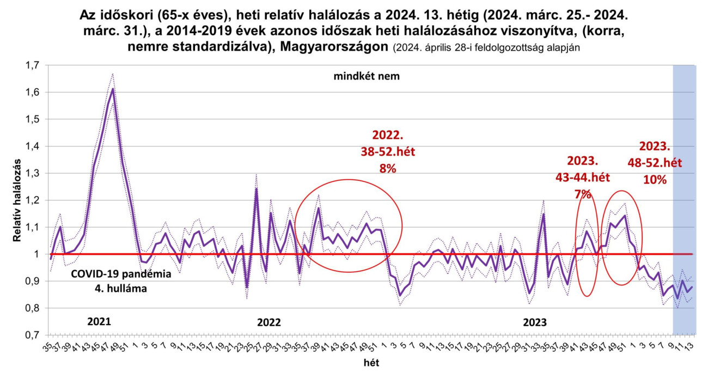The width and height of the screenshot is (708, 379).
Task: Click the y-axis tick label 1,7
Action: pos(32,65)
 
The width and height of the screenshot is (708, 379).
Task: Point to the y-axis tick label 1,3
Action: pos(32,173)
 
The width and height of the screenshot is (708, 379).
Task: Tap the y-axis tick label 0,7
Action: pos(32,335)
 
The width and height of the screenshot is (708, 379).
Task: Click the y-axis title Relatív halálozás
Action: pos(16,200)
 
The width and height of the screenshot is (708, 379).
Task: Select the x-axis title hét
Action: pos(372,362)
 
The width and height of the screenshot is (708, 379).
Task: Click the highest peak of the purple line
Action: pos(112,88)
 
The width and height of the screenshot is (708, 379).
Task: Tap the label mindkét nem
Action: pos(367,76)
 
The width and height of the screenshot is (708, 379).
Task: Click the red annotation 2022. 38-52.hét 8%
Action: pos(388,151)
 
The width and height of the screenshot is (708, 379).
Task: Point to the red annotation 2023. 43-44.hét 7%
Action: pos(582,178)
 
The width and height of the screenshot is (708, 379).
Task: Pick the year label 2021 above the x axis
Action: pos(99,321)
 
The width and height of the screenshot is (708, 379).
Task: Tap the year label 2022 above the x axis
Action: pos(269,322)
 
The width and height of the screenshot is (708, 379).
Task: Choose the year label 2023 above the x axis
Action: pos(535,322)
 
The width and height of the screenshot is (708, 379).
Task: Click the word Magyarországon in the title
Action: pos(334,47)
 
